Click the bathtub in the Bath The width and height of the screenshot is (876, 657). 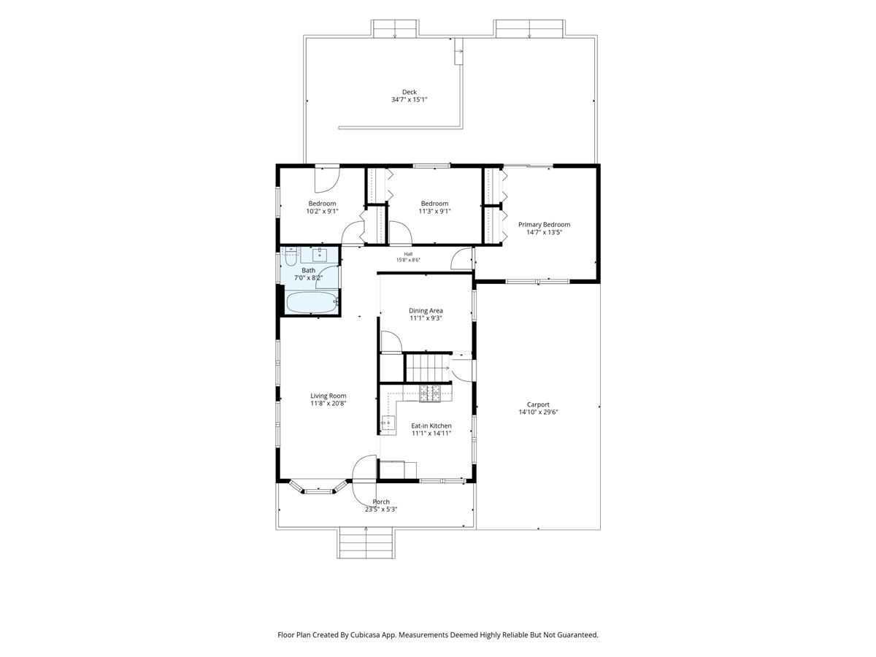[x=312, y=302]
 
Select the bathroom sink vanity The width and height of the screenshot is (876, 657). [x=319, y=255]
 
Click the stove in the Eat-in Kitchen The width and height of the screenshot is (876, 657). [x=429, y=393]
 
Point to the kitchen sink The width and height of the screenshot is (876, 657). [x=388, y=422]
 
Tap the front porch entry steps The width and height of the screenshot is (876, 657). [x=366, y=542]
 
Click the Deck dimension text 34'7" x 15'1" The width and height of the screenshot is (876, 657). [x=409, y=100]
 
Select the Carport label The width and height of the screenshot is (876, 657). [x=538, y=404]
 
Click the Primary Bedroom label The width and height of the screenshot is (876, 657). [x=544, y=225]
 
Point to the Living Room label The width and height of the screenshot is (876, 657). [x=328, y=396]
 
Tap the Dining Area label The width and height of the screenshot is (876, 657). [x=426, y=310]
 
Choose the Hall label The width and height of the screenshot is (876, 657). [x=408, y=254]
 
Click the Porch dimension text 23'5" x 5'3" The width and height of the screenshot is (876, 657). [x=381, y=510]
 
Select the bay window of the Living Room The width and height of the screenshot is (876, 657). [x=318, y=487]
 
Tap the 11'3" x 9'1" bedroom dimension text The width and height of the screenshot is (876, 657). [x=434, y=212]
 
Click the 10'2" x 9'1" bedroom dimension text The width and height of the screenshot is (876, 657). [x=322, y=212]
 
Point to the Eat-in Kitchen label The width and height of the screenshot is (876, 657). [x=431, y=426]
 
